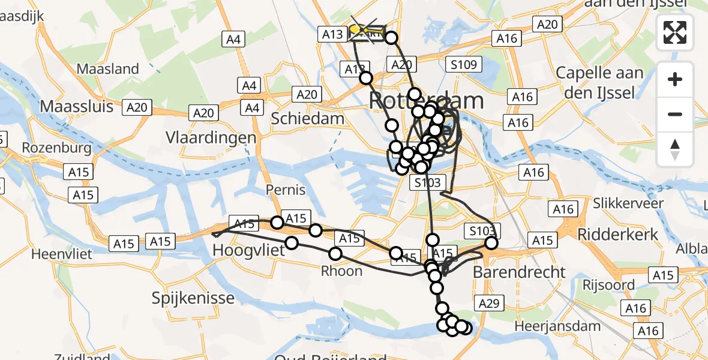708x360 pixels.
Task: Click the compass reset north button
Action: point(675,149)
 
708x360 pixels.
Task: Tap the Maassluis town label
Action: point(76,107)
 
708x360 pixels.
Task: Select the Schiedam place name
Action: point(307,118)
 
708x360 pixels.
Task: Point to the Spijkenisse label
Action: point(184,297)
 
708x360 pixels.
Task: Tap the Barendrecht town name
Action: point(519,272)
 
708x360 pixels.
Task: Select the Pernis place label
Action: point(286,190)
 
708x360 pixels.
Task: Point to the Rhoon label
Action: point(342,271)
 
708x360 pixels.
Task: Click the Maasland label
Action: point(108,69)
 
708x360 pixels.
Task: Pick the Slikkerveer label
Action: point(628,203)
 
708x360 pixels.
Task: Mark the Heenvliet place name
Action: point(62,254)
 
